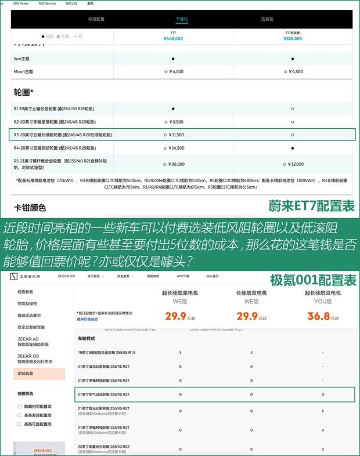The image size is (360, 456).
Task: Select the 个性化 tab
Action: [182, 19]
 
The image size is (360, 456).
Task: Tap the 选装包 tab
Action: [267, 19]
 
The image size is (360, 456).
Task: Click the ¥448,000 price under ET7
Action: [173, 39]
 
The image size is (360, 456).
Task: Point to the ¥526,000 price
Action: [293, 39]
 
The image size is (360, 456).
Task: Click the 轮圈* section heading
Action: [24, 92]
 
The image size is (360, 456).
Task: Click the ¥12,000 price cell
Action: [293, 164]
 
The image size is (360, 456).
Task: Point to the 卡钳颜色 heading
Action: [30, 207]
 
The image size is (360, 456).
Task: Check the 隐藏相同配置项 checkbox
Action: [20, 406]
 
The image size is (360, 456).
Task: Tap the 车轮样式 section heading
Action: [86, 338]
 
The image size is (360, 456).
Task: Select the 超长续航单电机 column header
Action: [179, 293]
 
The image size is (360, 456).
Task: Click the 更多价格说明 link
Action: [87, 319]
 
